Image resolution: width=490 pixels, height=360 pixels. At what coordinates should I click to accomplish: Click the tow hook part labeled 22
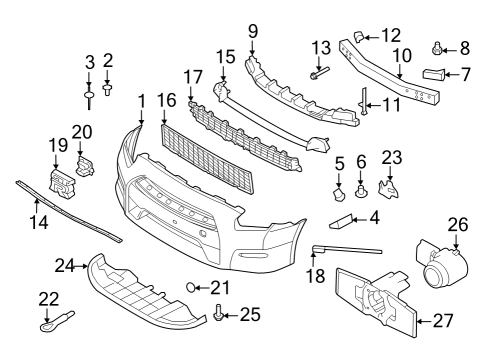(x=50, y=323)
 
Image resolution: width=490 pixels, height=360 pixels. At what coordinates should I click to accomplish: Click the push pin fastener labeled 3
(x=90, y=96)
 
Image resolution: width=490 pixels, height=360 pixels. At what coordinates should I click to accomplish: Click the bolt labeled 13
(x=319, y=73)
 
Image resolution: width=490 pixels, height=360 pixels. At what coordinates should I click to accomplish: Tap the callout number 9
(x=252, y=30)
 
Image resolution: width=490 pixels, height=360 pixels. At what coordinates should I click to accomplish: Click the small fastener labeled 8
(x=438, y=47)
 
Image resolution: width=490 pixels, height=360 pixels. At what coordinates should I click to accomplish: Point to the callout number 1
(x=141, y=100)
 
